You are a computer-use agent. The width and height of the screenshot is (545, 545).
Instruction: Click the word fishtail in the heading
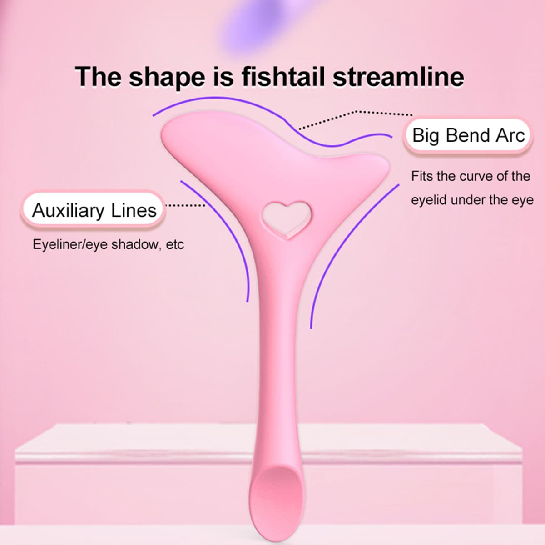pos(283,77)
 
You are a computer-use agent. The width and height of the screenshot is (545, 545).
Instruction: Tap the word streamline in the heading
pos(398,77)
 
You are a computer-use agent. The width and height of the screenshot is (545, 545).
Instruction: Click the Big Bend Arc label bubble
pos(468,135)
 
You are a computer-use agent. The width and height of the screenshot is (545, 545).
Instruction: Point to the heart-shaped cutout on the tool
pos(287,219)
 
